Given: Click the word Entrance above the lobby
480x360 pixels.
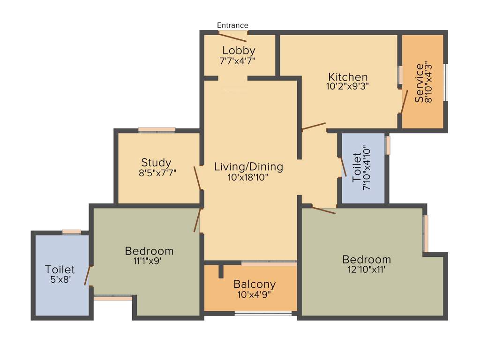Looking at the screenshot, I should click(x=232, y=25).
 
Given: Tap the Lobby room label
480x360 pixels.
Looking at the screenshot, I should click(x=239, y=50).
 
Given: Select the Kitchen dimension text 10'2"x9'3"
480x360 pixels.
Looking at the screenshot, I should click(x=348, y=86).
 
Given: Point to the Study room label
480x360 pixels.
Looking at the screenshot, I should click(x=156, y=163).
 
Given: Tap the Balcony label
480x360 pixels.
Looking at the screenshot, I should click(x=255, y=284).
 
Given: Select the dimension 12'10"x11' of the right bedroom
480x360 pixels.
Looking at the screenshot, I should click(x=367, y=270).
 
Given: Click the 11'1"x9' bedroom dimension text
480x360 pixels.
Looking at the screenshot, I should click(x=149, y=261).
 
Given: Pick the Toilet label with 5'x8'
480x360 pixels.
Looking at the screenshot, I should click(x=60, y=270).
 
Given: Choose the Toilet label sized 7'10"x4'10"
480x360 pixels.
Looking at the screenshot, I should click(x=357, y=167).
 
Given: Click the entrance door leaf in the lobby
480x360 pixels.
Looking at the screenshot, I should click(x=232, y=37).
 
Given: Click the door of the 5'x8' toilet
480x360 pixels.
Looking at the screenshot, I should click(x=87, y=275).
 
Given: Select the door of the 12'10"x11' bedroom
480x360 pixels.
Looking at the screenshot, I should click(x=324, y=210).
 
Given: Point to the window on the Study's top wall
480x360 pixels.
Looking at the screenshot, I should click(x=157, y=130).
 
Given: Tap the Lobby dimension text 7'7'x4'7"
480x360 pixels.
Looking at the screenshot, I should click(x=237, y=60).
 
